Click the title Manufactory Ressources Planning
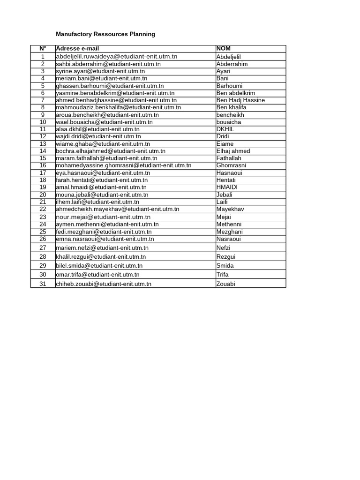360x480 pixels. pyautogui.click(x=105, y=34)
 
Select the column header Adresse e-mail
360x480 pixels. pyautogui.click(x=77, y=49)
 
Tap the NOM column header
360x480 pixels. pyautogui.click(x=223, y=49)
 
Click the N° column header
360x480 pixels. pyautogui.click(x=43, y=49)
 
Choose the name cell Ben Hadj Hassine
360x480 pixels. pyautogui.click(x=240, y=100)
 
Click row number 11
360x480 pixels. pyautogui.click(x=43, y=129)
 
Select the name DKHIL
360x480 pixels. pyautogui.click(x=225, y=129)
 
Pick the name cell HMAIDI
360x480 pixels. pyautogui.click(x=227, y=187)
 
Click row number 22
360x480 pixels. pyautogui.click(x=43, y=209)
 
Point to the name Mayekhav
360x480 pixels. pyautogui.click(x=230, y=209)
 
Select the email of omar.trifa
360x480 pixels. pyautogui.click(x=97, y=275)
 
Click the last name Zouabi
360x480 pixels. pyautogui.click(x=226, y=284)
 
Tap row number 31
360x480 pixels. pyautogui.click(x=43, y=284)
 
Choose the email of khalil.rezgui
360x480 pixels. pyautogui.click(x=101, y=257)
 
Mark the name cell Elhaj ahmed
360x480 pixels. pyautogui.click(x=233, y=151)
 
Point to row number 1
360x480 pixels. pyautogui.click(x=43, y=57)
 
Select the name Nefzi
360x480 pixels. pyautogui.click(x=224, y=248)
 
